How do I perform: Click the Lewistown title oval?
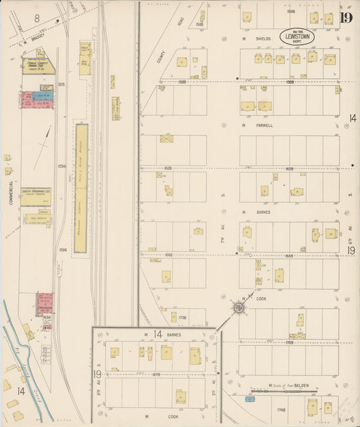coord(297,36)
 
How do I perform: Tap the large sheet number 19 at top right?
coord(346,18)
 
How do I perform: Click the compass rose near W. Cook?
coord(238,309)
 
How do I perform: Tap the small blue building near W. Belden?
coord(250,399)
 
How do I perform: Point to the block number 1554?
coord(62,166)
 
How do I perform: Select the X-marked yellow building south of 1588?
coord(166,139)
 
